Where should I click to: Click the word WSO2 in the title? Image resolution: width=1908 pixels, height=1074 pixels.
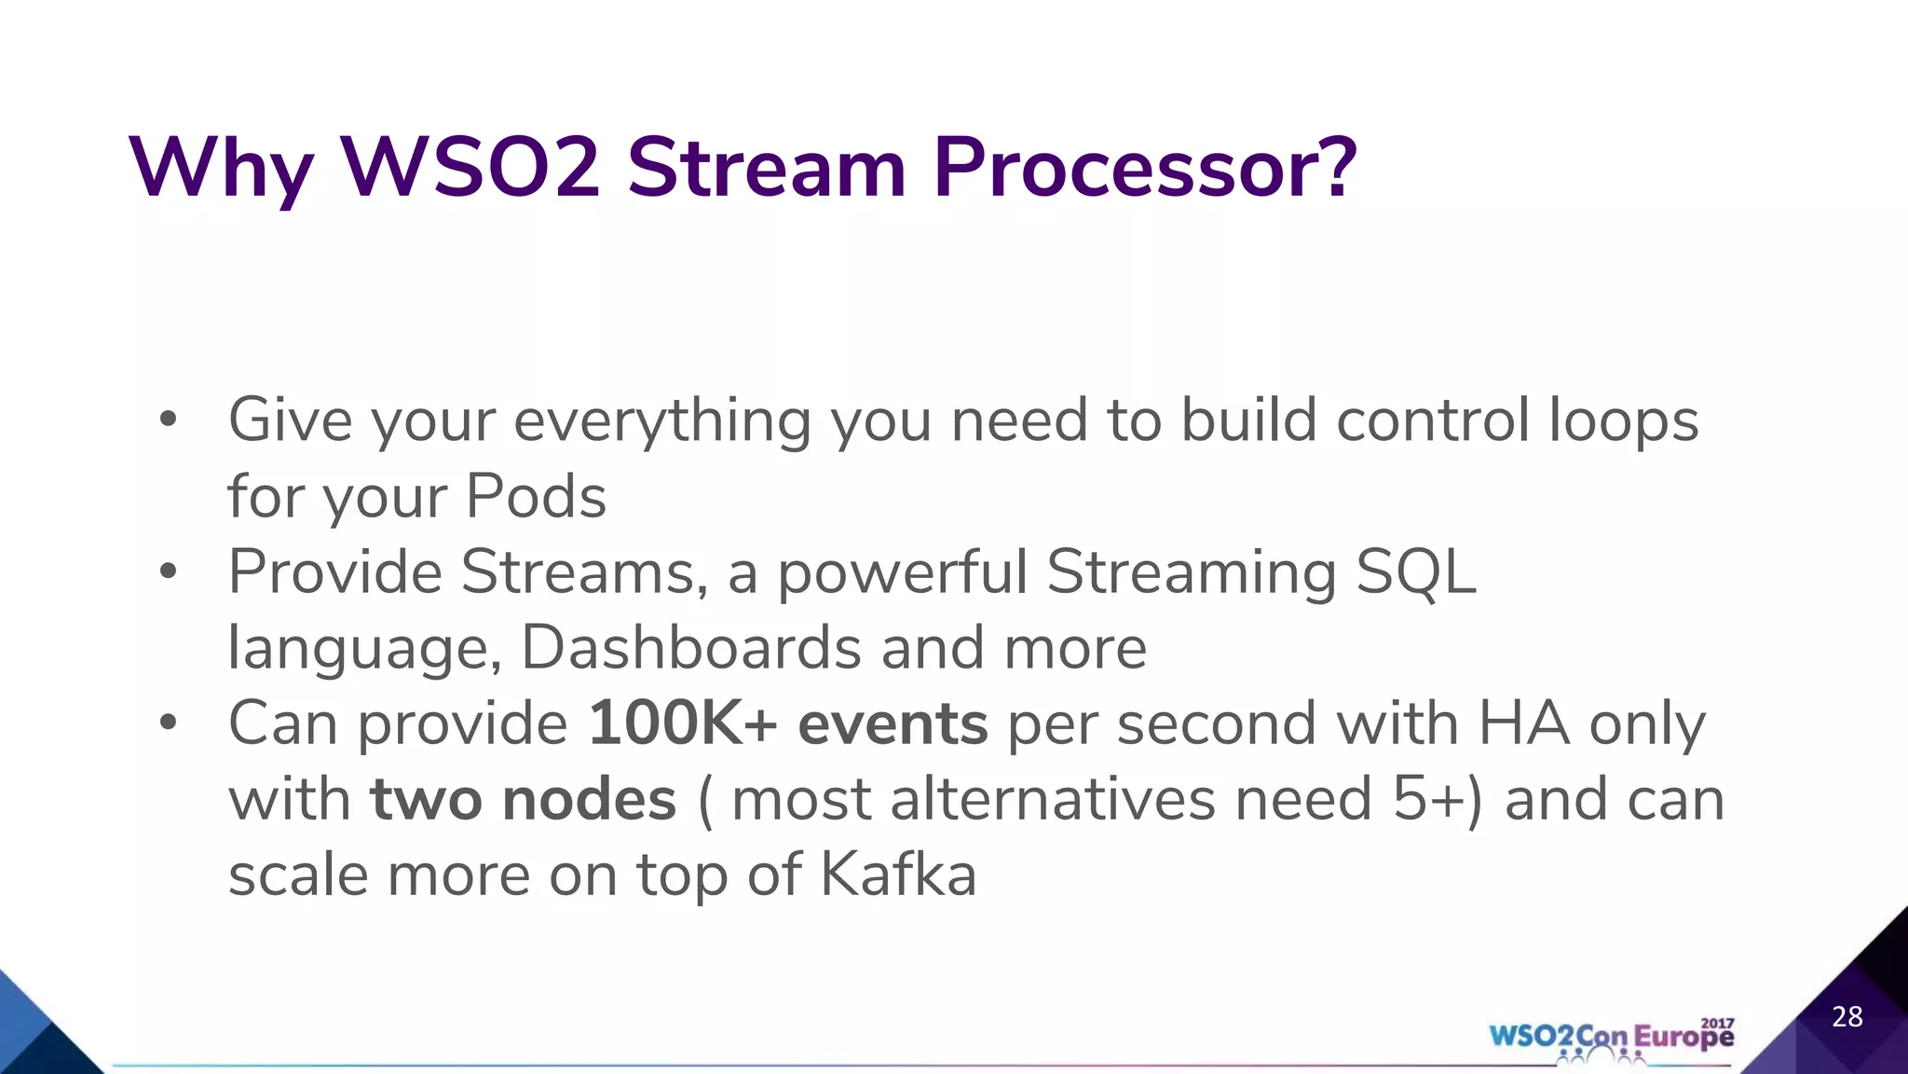point(470,168)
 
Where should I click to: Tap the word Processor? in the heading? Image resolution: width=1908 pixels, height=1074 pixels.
point(1144,168)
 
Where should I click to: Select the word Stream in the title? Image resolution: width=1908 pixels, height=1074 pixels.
point(766,168)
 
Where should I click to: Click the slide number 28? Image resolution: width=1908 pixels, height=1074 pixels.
point(1847,1016)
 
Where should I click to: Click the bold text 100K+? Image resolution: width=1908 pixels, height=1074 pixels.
point(682,723)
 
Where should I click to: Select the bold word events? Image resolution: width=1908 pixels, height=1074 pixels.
point(893,723)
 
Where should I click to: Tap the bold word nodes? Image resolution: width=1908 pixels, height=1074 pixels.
point(589,800)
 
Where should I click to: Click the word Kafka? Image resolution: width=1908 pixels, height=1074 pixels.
point(898,875)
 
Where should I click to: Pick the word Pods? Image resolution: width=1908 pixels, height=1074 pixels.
point(536,496)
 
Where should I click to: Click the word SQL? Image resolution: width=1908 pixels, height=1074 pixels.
point(1415,571)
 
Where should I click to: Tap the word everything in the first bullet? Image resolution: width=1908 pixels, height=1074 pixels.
point(662,421)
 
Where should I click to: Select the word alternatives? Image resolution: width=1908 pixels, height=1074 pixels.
point(1052,800)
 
